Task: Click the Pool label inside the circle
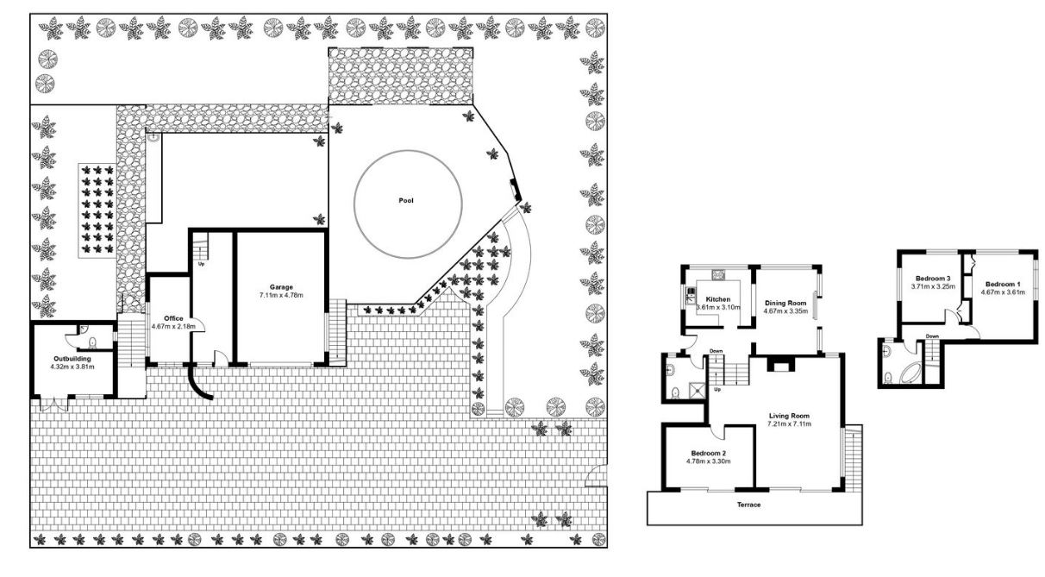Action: click(x=406, y=201)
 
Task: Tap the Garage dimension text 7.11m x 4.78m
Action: click(x=281, y=295)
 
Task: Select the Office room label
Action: click(x=173, y=318)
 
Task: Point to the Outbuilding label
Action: click(x=72, y=359)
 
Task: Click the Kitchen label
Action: click(x=718, y=299)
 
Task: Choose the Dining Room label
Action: click(x=785, y=303)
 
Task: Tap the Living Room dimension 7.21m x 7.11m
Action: click(x=789, y=423)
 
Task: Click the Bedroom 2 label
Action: click(x=708, y=454)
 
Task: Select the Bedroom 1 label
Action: click(x=1003, y=284)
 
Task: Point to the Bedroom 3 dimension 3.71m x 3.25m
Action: click(x=933, y=286)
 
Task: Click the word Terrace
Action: click(x=748, y=505)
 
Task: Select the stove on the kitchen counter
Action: click(x=717, y=275)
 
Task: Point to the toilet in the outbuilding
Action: click(x=92, y=343)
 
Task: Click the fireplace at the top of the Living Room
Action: click(x=780, y=364)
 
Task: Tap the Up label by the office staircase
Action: click(x=202, y=264)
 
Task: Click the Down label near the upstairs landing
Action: click(x=932, y=336)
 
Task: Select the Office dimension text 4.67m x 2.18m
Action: click(x=173, y=326)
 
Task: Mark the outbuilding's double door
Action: click(x=54, y=403)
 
